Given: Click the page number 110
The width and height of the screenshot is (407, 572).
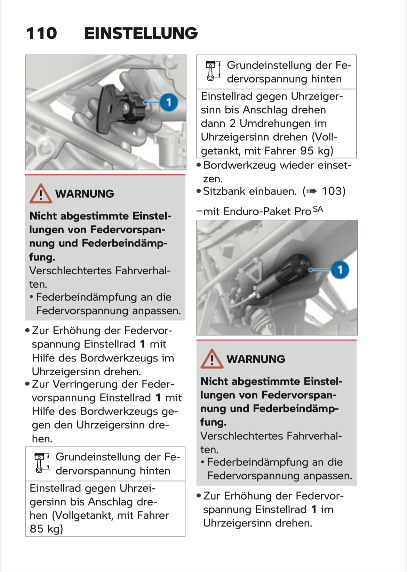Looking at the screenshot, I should coord(41,33).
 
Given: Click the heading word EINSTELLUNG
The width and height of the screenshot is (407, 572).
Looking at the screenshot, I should coord(141,33).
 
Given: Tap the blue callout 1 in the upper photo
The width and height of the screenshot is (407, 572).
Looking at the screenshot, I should coord(169,102).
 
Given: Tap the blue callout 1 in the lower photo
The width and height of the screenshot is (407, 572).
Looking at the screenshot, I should coord(340,269).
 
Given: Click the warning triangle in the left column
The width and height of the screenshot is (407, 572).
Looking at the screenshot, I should coord(41,194).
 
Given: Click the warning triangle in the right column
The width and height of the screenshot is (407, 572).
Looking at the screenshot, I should coord(212,359).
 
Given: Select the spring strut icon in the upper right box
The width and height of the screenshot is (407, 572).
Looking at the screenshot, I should coord(212,71).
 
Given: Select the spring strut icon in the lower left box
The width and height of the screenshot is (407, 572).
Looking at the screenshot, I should coord(41,462).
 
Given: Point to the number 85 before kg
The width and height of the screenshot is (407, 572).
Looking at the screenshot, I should coord(37,529).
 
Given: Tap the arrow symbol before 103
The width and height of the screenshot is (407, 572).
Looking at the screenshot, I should coord(311,191).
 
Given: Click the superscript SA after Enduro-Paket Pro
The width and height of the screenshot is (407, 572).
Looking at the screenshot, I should coord(318,209).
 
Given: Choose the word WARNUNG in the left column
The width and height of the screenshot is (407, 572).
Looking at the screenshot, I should coord(85,194).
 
